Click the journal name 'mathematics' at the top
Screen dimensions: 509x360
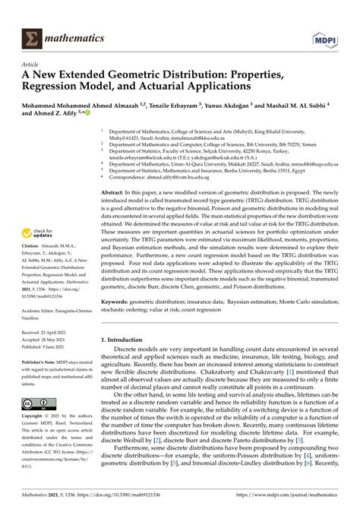pyautogui.click(x=75, y=16)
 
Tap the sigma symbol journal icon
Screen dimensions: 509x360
pyautogui.click(x=33, y=16)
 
